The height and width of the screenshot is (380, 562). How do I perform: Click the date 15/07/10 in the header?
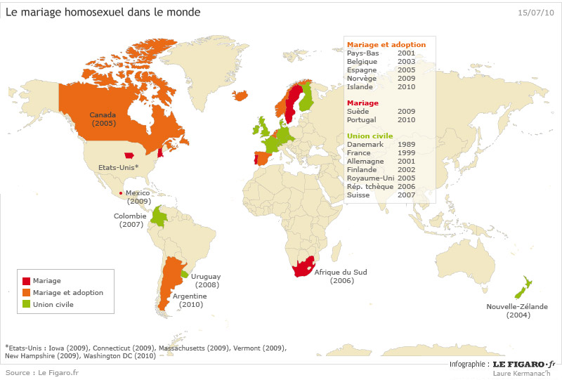[535, 13]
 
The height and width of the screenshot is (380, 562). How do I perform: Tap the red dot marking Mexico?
[122, 193]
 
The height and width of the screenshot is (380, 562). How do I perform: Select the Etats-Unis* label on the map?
[119, 168]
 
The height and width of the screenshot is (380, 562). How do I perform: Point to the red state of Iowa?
[129, 156]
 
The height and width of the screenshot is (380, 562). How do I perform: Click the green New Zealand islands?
[521, 289]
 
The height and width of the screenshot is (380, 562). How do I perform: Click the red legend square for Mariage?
[26, 281]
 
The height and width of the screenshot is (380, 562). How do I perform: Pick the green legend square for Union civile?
[26, 304]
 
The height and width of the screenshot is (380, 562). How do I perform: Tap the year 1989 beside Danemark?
[406, 144]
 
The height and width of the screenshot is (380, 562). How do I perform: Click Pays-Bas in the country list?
[362, 53]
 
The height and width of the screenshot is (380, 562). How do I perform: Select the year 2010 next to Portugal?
[406, 119]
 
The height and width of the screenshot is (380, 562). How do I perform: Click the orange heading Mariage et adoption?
[386, 44]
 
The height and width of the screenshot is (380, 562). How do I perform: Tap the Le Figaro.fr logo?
[523, 364]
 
